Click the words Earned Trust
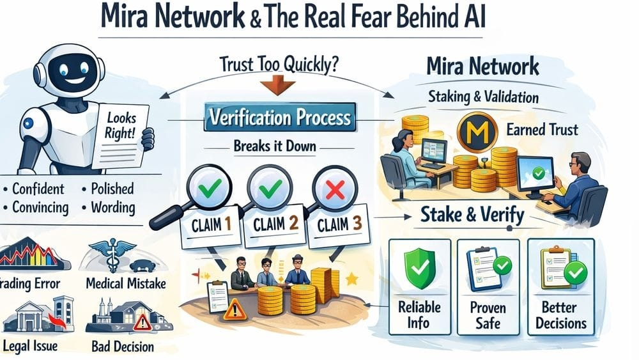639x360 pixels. pos(543,130)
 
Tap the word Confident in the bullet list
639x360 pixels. pos(38,189)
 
